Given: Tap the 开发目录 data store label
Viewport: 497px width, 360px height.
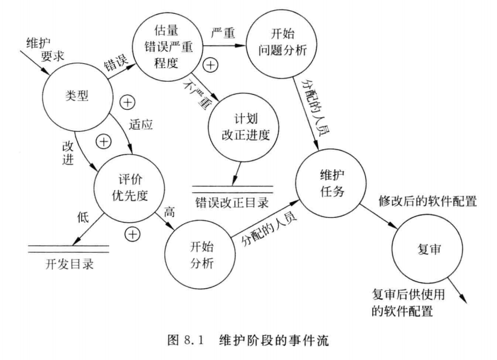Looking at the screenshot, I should coord(69,263).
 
